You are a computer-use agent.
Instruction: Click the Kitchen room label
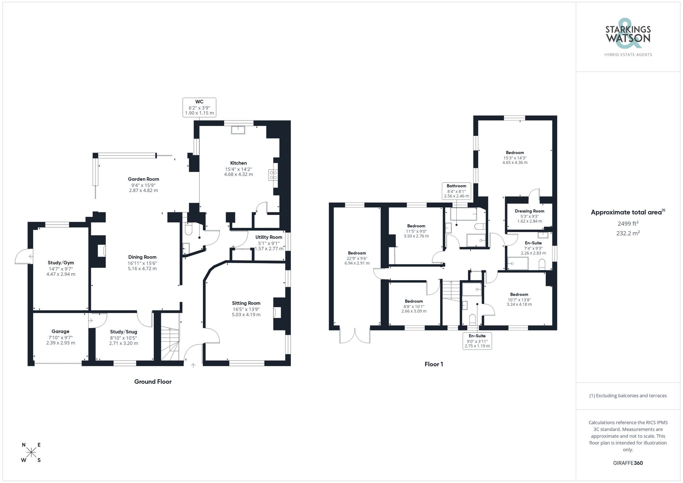coord(238,163)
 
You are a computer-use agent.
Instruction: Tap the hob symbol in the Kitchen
coord(273,175)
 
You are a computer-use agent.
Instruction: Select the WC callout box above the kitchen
coord(199,107)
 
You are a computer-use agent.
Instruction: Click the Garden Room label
coord(143,179)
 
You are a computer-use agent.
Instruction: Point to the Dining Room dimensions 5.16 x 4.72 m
coord(142,269)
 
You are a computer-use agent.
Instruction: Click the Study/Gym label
coord(61,263)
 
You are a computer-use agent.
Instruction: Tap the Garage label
coord(60,331)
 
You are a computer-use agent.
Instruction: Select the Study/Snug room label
coord(124,332)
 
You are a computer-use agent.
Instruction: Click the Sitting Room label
coord(246,303)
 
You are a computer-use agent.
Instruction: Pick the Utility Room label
coord(269,237)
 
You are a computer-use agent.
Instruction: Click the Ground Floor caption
coord(153,382)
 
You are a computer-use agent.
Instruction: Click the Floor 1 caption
coord(434,364)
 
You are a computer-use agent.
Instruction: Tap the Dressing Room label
coord(529,211)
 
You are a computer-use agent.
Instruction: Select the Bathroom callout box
coord(457,191)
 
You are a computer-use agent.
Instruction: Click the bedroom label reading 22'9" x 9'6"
coord(357,258)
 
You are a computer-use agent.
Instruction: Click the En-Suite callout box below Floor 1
coord(477,341)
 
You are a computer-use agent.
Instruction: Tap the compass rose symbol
coord(31,453)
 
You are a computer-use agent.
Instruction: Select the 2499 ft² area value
coord(628,224)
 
